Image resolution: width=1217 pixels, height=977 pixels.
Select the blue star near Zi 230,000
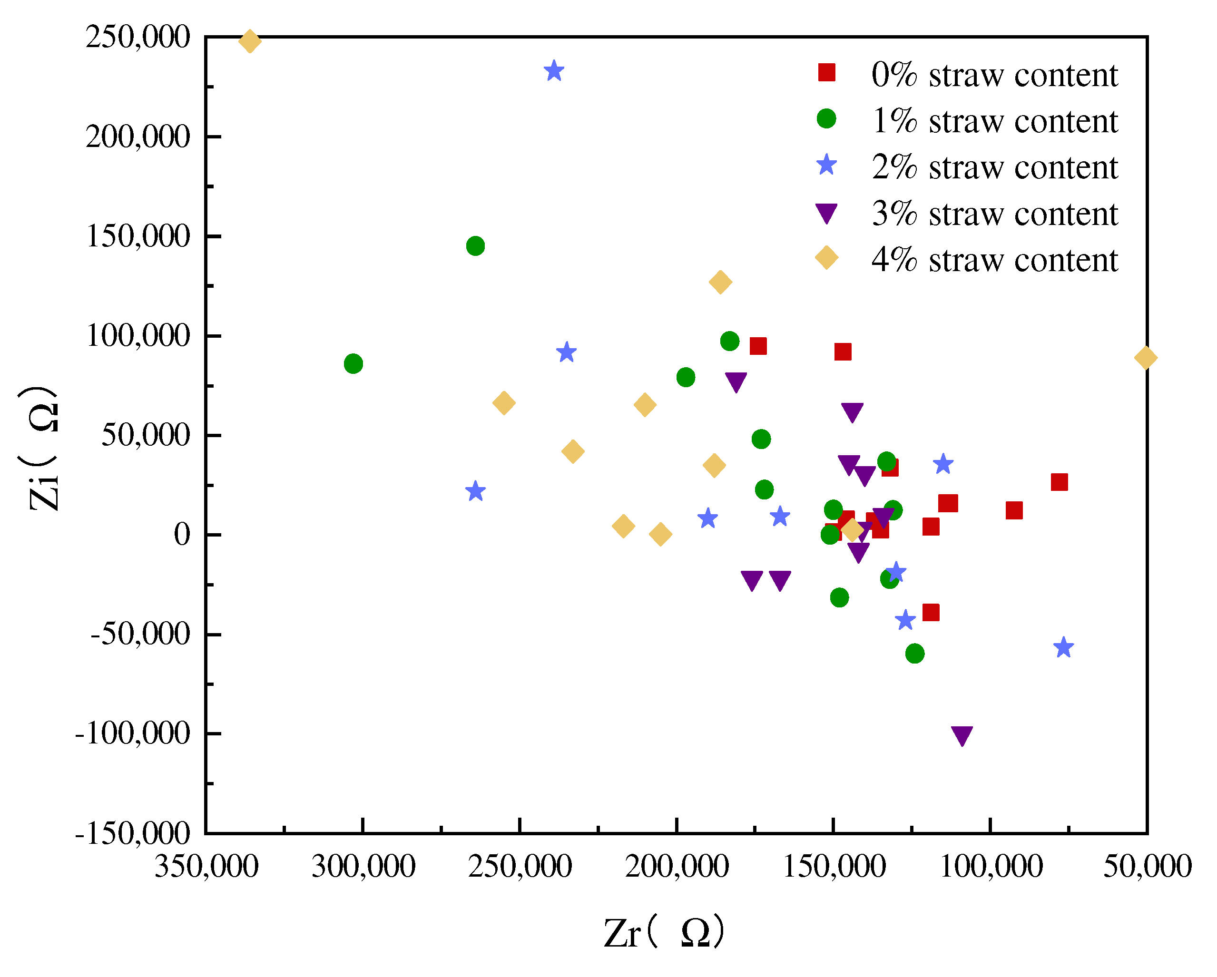pos(554,72)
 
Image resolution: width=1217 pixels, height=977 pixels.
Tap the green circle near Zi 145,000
pos(475,246)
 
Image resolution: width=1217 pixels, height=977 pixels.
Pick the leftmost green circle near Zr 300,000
pos(353,363)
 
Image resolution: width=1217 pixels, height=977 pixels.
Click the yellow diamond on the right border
pos(1145,357)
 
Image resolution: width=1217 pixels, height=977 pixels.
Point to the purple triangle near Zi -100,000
pos(962,735)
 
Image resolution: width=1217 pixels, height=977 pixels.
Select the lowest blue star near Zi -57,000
pos(1063,647)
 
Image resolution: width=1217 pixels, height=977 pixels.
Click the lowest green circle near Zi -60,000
pos(915,654)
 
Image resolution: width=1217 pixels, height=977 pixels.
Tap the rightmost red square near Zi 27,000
pos(1060,482)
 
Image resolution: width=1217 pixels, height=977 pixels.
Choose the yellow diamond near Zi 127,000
pos(720,282)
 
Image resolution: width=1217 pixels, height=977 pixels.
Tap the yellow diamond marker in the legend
pos(826,257)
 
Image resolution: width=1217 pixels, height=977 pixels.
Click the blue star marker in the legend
pos(826,166)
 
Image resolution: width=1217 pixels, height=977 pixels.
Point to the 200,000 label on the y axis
pos(137,137)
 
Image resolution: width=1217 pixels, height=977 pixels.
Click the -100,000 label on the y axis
pos(133,734)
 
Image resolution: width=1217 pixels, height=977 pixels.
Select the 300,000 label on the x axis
pos(363,866)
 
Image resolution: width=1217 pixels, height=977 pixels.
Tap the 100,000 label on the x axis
pos(991,866)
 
